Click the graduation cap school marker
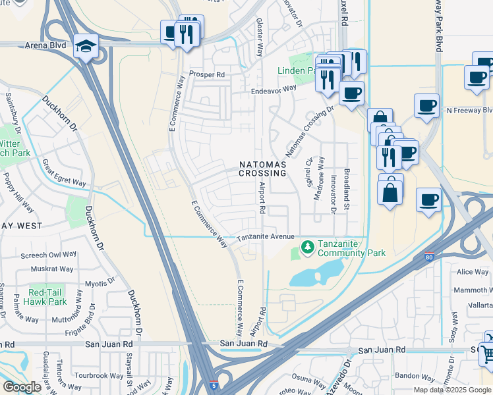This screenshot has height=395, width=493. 86,47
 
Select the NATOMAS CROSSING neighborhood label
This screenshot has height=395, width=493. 263,169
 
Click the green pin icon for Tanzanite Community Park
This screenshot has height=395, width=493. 306,248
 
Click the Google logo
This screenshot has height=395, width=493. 22,387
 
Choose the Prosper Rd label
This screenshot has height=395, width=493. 207,74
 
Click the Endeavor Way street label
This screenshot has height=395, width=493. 273,88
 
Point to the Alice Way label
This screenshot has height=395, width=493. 473,272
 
